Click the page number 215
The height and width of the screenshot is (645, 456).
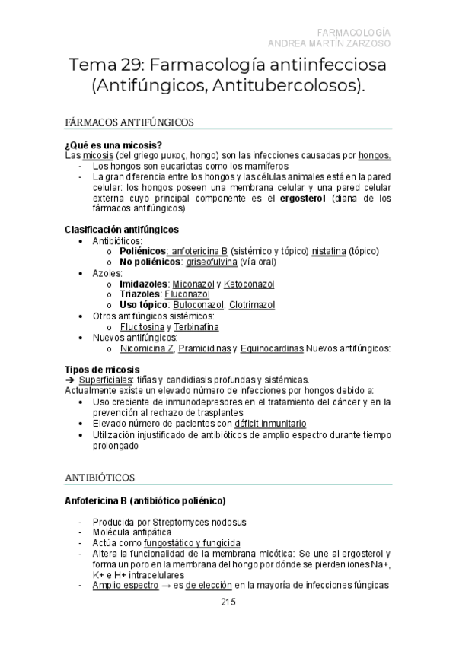click(228, 602)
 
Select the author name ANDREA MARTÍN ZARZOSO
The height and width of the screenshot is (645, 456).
click(330, 43)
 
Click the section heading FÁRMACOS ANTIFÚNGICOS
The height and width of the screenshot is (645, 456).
click(130, 122)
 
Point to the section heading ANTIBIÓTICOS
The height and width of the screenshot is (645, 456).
click(100, 478)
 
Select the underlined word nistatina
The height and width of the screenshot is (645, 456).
click(330, 251)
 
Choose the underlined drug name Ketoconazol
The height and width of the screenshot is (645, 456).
click(250, 284)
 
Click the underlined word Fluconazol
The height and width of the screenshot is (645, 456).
click(187, 294)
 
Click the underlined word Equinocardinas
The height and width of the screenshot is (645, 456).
click(271, 348)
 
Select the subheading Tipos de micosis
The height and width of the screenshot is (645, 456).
click(102, 369)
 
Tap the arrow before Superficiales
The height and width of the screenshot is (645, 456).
click(69, 380)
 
